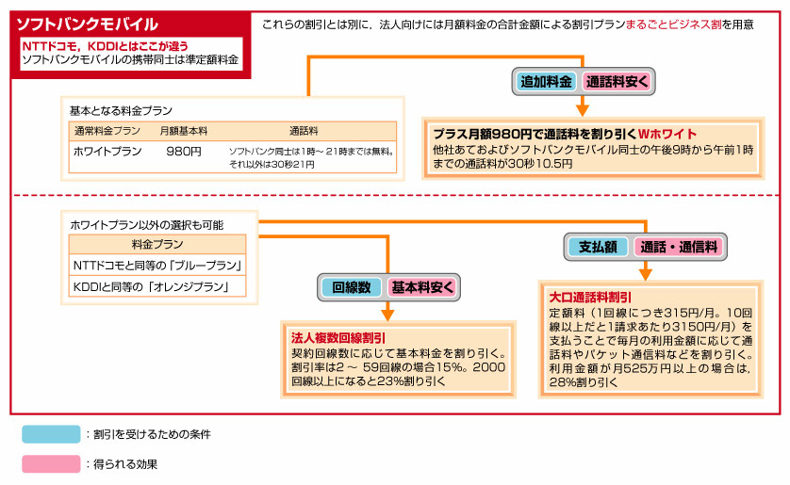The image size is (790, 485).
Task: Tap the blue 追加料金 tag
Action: (547, 81)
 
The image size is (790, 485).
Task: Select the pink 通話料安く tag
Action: (617, 81)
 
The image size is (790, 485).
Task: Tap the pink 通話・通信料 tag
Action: (678, 247)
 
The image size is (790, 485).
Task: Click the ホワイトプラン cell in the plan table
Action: (107, 151)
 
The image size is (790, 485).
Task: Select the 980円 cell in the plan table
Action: (183, 151)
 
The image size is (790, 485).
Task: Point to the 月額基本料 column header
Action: (183, 130)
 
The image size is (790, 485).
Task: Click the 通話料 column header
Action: (304, 130)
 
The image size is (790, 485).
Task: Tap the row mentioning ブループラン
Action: (157, 265)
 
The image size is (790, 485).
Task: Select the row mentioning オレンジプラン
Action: (157, 286)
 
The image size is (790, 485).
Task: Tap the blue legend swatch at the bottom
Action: (51, 434)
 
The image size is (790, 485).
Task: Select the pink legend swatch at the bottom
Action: (51, 463)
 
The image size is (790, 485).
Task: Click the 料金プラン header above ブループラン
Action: (156, 244)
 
